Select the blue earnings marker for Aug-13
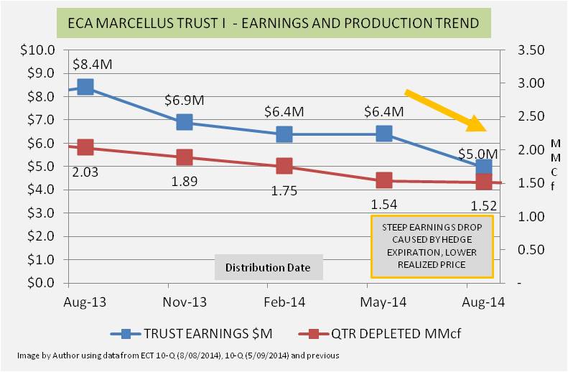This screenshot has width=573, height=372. click(x=85, y=87)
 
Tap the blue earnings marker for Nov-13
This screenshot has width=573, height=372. click(x=185, y=122)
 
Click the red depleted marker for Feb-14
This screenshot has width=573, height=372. click(x=284, y=166)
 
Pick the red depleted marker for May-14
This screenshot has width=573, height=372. click(x=383, y=180)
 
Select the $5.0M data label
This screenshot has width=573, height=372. click(x=477, y=153)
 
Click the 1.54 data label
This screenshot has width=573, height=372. click(x=384, y=203)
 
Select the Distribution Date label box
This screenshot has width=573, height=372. click(x=268, y=268)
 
